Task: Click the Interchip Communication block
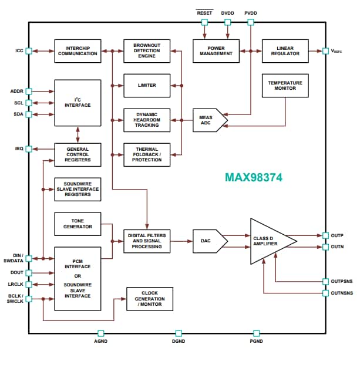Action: coord(78,50)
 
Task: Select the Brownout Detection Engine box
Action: coord(147,50)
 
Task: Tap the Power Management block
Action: coord(216,50)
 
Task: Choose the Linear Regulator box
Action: coord(285,50)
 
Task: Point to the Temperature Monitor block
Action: coord(285,85)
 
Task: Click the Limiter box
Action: coord(147,85)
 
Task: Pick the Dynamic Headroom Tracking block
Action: coord(147,120)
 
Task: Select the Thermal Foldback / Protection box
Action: coord(147,154)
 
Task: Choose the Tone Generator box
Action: coord(78,223)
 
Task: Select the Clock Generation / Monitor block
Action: coord(150,298)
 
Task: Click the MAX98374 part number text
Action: coord(253,177)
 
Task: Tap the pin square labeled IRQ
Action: coord(29,148)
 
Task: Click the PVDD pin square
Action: coord(251,22)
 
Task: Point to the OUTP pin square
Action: coord(325,235)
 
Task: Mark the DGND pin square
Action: coord(179,333)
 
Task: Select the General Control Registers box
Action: coord(78,154)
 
